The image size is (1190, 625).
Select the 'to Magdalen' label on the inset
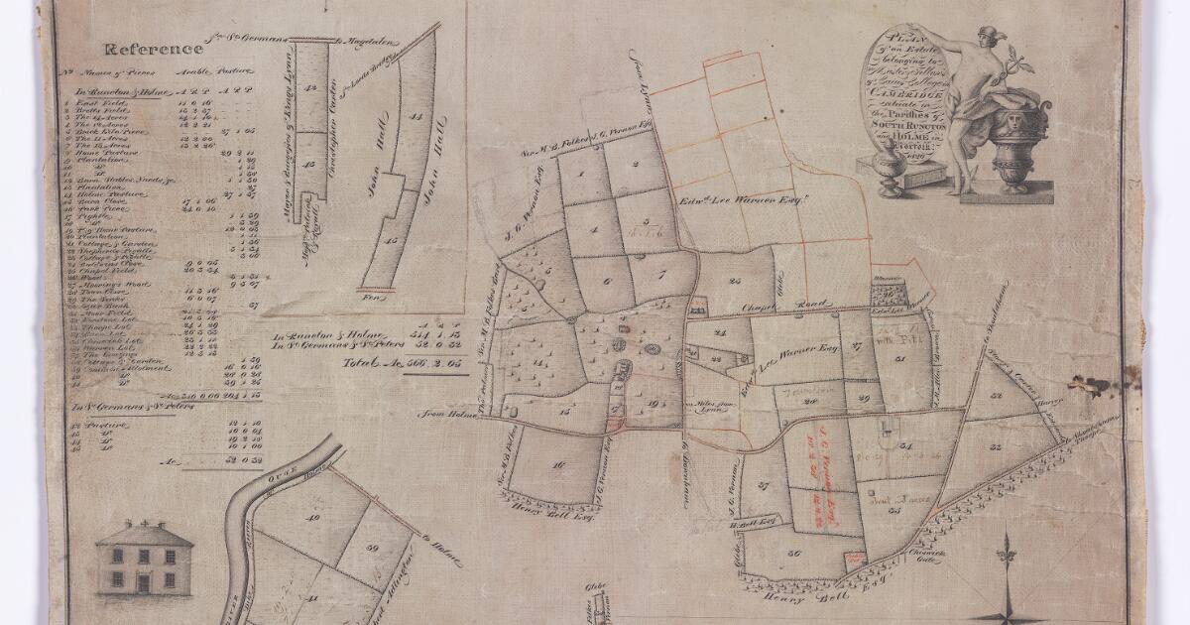tap(369, 41)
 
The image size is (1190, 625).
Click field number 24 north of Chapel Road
tap(734, 281)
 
